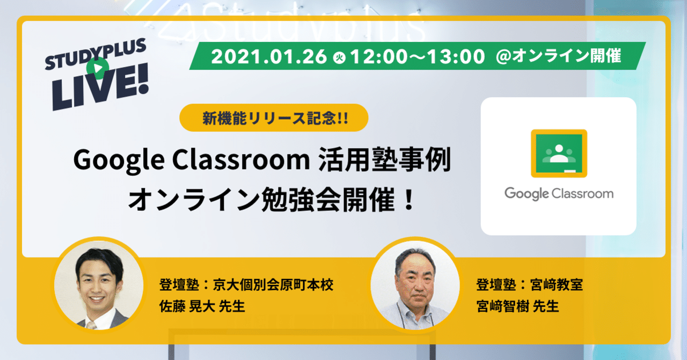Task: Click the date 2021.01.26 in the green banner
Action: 268,57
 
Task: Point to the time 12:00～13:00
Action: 418,57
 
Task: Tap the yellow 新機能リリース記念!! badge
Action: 274,118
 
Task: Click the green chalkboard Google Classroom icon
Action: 559,153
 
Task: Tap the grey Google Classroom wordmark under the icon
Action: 559,193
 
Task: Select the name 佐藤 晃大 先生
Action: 202,306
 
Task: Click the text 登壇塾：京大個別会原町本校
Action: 246,284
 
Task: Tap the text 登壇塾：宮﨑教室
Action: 529,284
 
